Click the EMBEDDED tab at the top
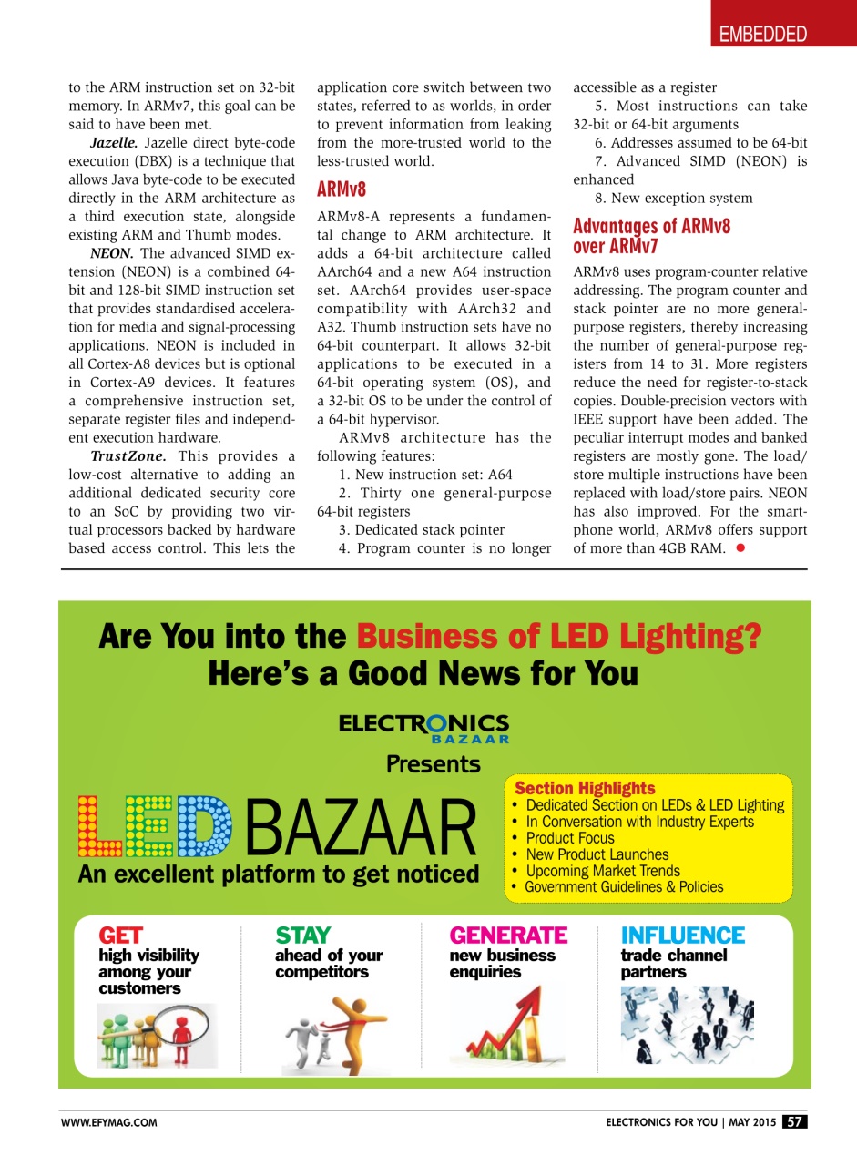tap(763, 35)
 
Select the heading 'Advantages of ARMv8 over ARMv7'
tap(651, 236)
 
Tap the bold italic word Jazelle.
tap(114, 143)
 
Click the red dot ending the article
tap(741, 547)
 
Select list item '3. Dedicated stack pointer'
tap(421, 529)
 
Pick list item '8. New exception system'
tap(673, 198)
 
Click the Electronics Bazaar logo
tap(423, 727)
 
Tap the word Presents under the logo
tap(433, 764)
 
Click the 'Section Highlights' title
tap(585, 788)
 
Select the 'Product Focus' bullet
tap(569, 838)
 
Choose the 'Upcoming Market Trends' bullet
tap(602, 871)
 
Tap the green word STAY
tap(302, 936)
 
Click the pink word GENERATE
tap(508, 936)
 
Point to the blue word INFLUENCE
tap(682, 936)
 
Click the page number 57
tap(794, 1122)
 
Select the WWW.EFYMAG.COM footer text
tap(109, 1123)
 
